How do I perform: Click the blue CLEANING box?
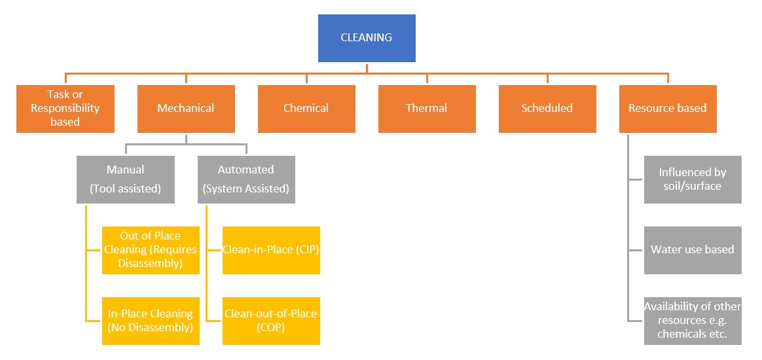(367, 38)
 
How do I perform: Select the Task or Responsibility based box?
(65, 109)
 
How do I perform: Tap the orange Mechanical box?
(186, 109)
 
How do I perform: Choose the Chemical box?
(306, 109)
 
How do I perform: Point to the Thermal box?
(427, 109)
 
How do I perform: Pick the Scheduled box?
(547, 109)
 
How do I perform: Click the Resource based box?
(668, 109)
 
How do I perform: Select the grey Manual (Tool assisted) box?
(126, 179)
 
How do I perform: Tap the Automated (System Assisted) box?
(246, 179)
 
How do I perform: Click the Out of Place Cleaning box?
(151, 250)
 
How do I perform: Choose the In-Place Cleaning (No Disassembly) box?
(151, 321)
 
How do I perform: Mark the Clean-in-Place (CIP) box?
(271, 250)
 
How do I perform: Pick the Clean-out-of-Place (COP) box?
(271, 321)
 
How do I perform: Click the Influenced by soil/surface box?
(693, 179)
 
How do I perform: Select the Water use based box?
(693, 250)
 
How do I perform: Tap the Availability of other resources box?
(693, 321)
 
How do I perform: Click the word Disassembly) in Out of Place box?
(150, 264)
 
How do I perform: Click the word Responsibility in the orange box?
(65, 108)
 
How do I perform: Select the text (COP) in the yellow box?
(271, 328)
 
